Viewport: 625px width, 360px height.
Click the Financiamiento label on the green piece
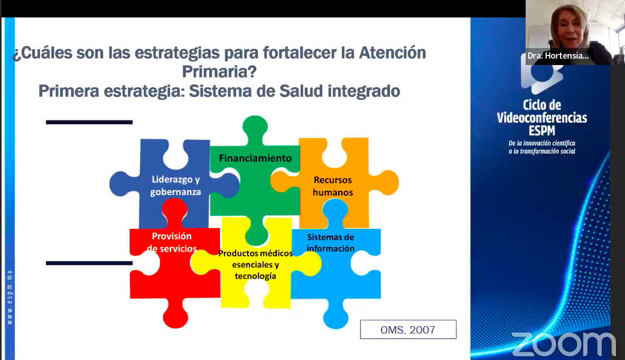(x=255, y=158)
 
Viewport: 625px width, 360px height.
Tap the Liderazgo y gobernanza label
(x=175, y=186)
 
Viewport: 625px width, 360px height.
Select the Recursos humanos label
(x=333, y=186)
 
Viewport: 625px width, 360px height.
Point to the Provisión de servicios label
(x=172, y=243)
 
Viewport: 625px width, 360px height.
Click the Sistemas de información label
(x=330, y=243)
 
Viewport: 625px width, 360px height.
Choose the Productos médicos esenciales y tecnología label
(x=256, y=264)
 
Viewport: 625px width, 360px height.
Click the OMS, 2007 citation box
(x=408, y=330)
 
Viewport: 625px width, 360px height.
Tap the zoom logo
(x=563, y=344)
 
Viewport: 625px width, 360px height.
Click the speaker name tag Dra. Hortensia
(x=557, y=56)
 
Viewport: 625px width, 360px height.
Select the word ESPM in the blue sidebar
(x=542, y=131)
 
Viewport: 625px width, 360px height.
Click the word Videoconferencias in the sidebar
(x=542, y=117)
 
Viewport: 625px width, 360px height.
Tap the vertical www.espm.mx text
(x=10, y=297)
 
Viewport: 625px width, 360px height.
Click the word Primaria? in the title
(x=219, y=72)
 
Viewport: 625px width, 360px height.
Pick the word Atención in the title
(x=393, y=53)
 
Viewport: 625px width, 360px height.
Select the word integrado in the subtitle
(x=364, y=91)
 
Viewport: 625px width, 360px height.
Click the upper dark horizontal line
(x=89, y=122)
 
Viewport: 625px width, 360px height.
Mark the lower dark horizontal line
(x=89, y=263)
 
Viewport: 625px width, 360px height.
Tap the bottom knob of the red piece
(x=175, y=315)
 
